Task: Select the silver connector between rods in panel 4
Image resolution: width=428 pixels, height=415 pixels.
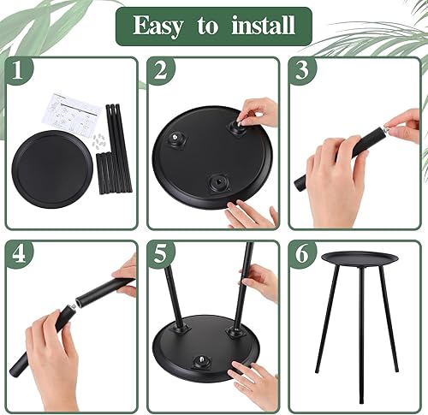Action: pyautogui.click(x=78, y=302)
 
